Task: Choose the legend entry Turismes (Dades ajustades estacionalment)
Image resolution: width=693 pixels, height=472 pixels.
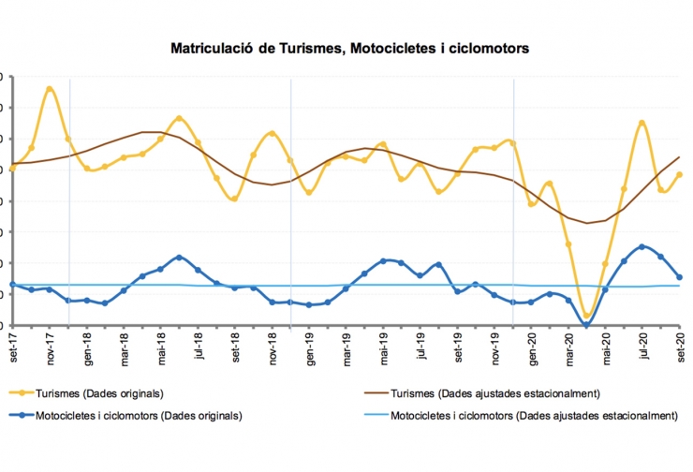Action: click(495, 392)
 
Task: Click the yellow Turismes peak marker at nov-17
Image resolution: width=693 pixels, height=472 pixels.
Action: click(50, 89)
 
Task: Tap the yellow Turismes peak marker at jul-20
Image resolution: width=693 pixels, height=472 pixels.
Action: click(642, 123)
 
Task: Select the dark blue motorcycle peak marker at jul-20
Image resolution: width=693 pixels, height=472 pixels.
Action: click(642, 246)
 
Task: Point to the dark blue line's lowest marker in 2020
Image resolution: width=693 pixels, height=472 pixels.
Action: click(587, 325)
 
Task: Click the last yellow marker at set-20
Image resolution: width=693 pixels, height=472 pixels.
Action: click(680, 174)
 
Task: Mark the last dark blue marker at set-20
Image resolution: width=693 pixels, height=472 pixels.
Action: click(680, 277)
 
